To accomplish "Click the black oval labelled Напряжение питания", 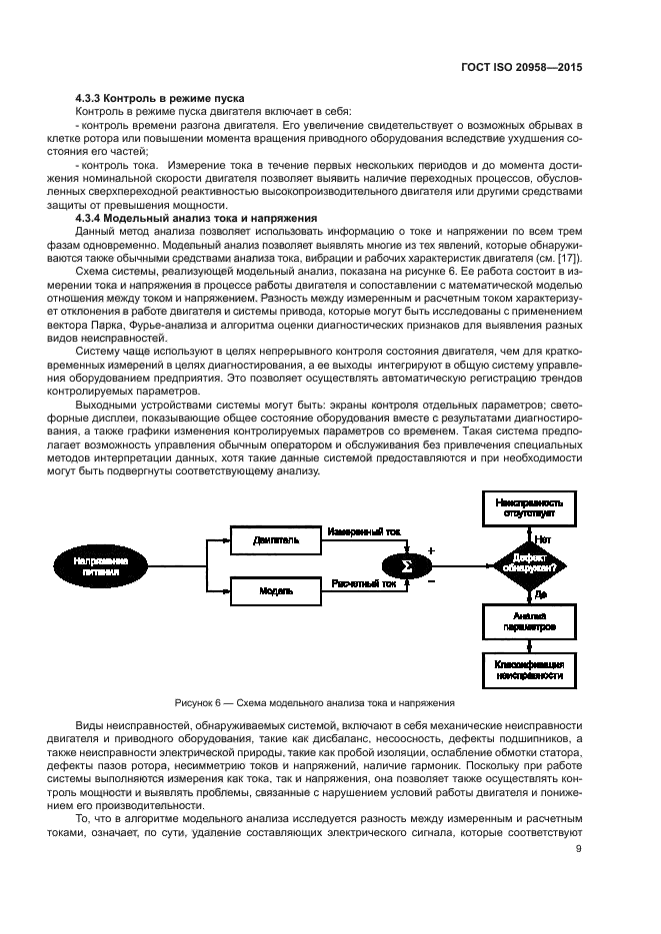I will click(100, 565).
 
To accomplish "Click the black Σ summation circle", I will click(406, 565).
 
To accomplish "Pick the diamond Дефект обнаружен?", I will click(528, 565).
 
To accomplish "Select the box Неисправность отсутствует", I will click(528, 507).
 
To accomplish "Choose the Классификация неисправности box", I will click(528, 670).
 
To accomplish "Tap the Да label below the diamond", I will click(540, 594).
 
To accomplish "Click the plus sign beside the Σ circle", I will click(431, 550).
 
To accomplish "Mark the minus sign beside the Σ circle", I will click(431, 580).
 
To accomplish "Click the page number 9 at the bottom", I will click(578, 850).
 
